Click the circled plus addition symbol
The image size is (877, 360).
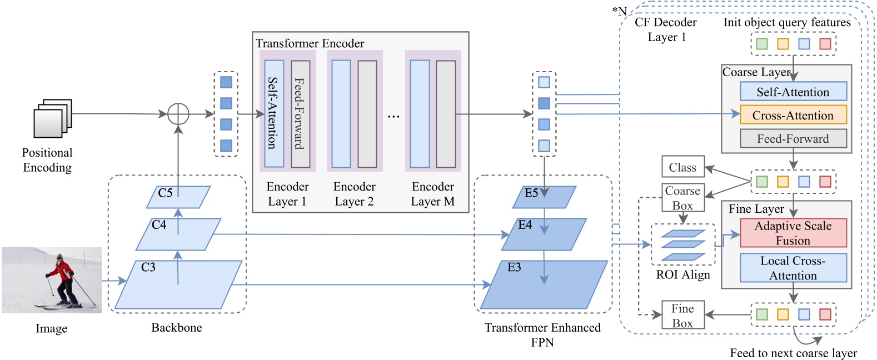(x=178, y=114)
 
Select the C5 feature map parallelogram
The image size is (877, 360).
(x=178, y=197)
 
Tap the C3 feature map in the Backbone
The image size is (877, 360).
(x=178, y=284)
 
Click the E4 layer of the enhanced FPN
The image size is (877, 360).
(x=544, y=234)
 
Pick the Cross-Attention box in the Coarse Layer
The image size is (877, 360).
(x=793, y=115)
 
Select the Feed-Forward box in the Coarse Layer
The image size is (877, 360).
(x=793, y=138)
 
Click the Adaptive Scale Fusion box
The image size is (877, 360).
(x=793, y=233)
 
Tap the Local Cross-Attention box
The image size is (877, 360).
(x=793, y=268)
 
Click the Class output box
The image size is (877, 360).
(x=682, y=167)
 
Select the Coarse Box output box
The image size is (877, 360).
(x=682, y=197)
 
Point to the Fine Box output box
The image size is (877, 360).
(x=682, y=315)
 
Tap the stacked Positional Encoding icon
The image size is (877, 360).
(x=53, y=118)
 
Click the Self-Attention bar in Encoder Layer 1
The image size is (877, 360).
(x=274, y=113)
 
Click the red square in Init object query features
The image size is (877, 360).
(x=825, y=43)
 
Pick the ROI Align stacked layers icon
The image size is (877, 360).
(x=683, y=245)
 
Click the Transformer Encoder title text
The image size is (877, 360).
(x=310, y=43)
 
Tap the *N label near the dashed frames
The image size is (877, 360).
(x=619, y=11)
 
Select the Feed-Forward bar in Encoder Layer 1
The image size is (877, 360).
(x=301, y=113)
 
